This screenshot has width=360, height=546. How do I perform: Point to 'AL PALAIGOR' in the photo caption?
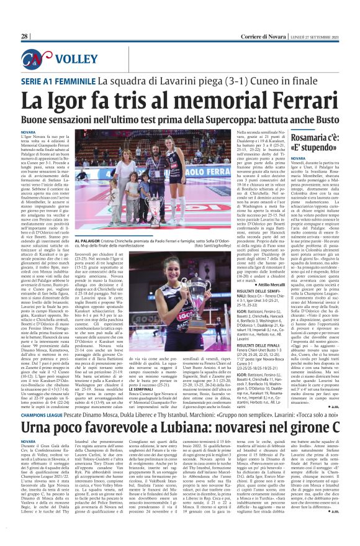88,239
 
